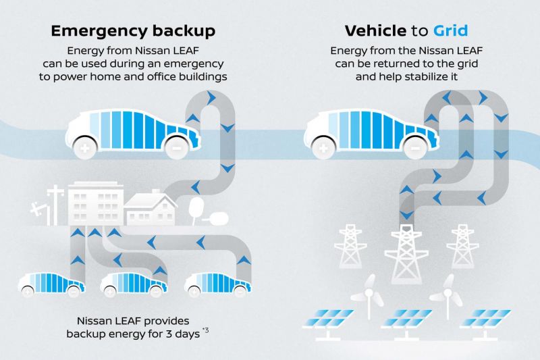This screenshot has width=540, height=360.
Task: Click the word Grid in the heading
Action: point(450,30)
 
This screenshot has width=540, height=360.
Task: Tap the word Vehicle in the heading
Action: point(375,30)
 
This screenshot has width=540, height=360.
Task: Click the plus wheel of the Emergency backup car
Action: point(85,149)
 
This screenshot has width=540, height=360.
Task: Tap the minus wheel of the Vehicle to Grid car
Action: point(415,149)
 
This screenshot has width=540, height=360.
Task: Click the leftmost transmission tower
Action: point(350,246)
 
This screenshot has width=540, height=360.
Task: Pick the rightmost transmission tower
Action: point(462,246)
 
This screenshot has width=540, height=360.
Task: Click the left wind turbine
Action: point(369,296)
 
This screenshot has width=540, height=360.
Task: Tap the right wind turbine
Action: point(447,296)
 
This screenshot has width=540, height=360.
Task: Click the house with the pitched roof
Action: point(151,209)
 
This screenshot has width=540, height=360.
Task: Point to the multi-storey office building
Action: point(95,204)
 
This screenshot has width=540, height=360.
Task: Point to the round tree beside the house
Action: point(196,207)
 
